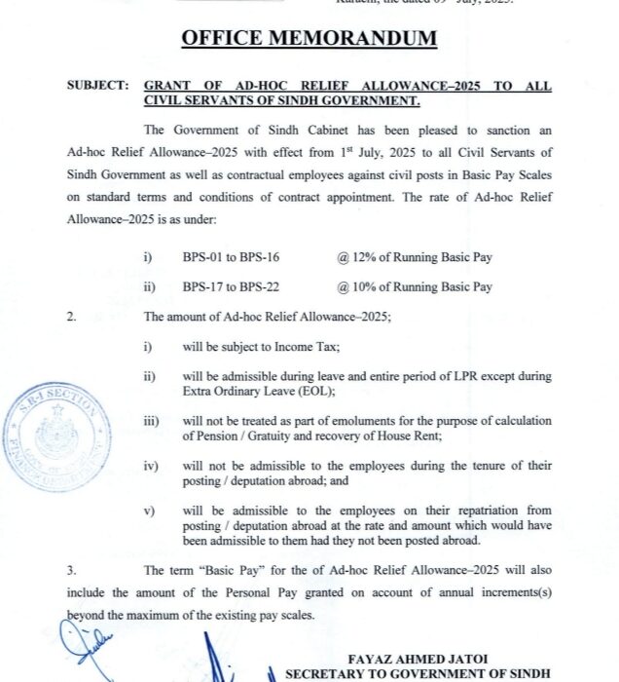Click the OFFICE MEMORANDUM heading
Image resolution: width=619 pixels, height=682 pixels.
coord(309,39)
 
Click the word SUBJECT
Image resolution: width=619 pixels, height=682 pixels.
coord(96,86)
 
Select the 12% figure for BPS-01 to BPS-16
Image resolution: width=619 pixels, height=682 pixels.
coord(360,257)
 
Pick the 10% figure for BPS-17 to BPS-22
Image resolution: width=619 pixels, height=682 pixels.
coord(360,287)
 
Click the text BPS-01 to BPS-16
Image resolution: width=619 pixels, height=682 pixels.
coord(232,257)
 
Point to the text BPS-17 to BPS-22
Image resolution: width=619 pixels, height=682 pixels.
coord(232,287)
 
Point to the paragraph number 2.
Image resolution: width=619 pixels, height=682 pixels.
coord(71,317)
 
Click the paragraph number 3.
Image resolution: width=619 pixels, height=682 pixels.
coord(71,571)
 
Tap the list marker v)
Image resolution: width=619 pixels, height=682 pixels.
coord(149,511)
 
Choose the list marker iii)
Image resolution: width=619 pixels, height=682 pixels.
coord(151,421)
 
